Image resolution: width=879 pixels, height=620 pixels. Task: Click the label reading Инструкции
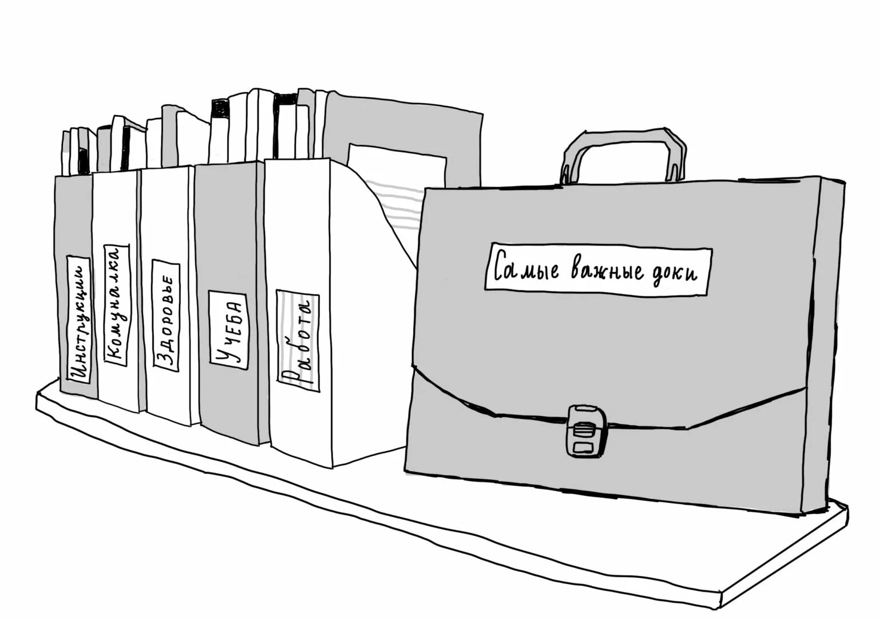tap(80, 319)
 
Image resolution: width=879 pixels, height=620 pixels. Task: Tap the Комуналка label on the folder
tap(117, 303)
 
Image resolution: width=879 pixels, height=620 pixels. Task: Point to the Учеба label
tap(227, 329)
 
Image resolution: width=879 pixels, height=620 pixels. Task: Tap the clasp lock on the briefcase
tap(583, 431)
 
